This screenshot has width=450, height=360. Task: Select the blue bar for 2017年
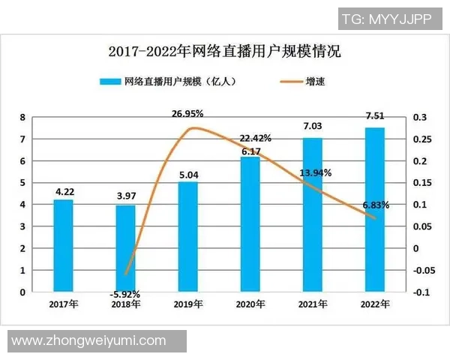(x=63, y=245)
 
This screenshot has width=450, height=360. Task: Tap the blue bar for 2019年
(x=187, y=236)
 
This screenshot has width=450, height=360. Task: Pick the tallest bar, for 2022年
(x=374, y=209)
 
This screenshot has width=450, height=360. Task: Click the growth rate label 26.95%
(x=187, y=114)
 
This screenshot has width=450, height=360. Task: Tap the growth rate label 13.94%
(x=316, y=173)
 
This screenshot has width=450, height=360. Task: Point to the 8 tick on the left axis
(x=22, y=118)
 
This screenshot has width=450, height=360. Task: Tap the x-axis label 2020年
(x=250, y=304)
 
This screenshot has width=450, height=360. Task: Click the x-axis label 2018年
(x=125, y=304)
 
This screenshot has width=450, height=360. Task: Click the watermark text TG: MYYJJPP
(x=385, y=19)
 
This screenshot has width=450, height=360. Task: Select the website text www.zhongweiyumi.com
(x=88, y=340)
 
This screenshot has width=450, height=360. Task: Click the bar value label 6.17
(x=250, y=151)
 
